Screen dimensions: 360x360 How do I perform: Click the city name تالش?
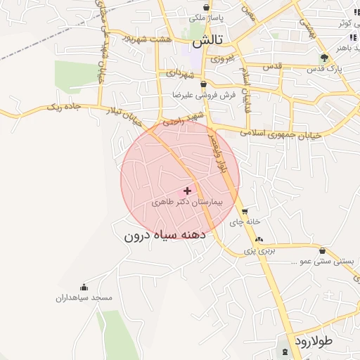click(207, 41)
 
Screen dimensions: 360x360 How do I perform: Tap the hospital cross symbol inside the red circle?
click(187, 191)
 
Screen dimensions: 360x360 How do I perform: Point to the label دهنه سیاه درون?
click(164, 235)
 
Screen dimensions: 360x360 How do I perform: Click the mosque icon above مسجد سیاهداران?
click(84, 287)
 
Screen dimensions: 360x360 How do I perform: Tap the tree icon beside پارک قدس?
click(323, 58)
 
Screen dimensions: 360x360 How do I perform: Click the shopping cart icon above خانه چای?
click(245, 212)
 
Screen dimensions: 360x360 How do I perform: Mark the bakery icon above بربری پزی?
click(259, 240)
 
